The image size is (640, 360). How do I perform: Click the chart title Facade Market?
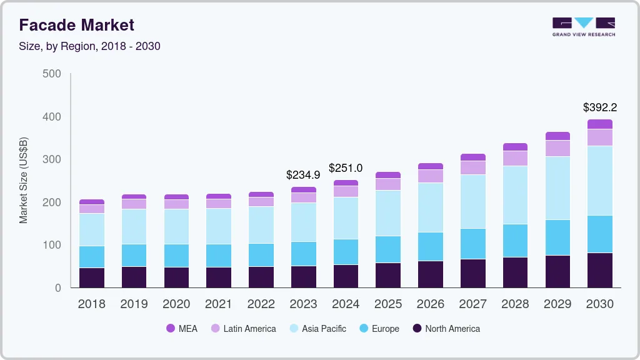click(76, 25)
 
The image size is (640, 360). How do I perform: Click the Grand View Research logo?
click(584, 27)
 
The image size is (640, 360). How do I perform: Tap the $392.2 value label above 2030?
click(600, 107)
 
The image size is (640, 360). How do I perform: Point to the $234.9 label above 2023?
click(303, 174)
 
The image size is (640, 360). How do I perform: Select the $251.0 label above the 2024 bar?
click(346, 168)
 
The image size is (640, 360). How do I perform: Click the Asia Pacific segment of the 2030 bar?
click(600, 181)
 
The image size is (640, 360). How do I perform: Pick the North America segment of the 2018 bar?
click(92, 277)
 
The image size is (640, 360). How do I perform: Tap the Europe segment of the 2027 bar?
click(473, 244)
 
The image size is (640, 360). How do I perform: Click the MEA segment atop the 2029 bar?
click(557, 136)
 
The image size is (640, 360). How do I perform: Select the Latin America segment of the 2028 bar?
click(516, 158)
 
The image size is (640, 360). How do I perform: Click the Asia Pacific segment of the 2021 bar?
click(219, 226)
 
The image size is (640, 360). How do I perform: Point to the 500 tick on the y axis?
click(52, 74)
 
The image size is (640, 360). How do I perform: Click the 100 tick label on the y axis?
click(52, 245)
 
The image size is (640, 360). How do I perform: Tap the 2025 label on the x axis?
click(388, 304)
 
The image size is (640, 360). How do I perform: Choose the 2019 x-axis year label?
click(134, 304)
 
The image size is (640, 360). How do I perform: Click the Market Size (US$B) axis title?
click(24, 181)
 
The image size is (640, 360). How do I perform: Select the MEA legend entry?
click(182, 329)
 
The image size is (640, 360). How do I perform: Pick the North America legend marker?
click(416, 329)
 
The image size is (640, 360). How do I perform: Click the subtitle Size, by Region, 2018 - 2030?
click(89, 46)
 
